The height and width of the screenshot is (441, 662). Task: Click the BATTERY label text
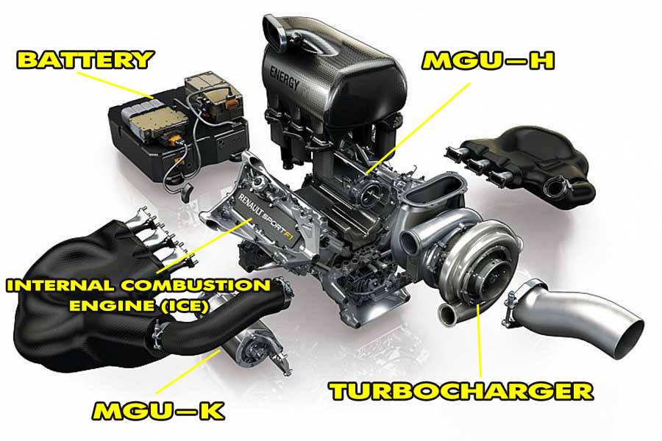85,60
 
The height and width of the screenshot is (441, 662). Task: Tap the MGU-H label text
488,60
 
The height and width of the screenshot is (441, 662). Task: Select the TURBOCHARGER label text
461,391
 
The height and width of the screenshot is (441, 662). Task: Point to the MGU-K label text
158,411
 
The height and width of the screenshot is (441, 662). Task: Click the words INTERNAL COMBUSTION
138,285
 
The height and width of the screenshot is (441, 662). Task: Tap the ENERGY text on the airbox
285,78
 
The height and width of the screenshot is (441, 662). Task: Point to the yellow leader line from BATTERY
115,85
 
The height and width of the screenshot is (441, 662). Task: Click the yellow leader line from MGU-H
418,128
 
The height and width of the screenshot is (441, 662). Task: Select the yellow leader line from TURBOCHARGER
479,340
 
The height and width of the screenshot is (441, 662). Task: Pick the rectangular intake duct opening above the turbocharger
435,189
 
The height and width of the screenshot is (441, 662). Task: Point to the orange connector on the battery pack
231,104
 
